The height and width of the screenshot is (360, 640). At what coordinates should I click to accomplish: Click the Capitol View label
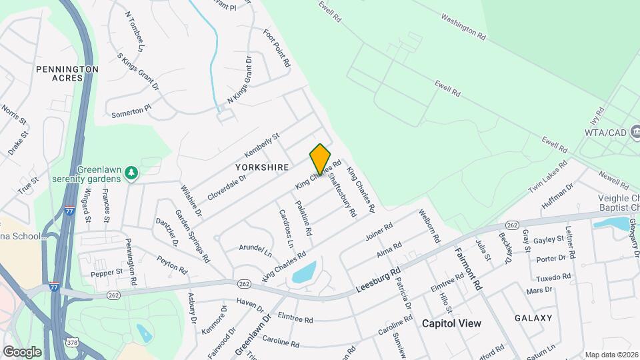(451, 323)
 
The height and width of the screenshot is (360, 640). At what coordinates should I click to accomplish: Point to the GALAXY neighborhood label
(533, 318)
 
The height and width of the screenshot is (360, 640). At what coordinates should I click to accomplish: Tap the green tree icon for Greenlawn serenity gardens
(132, 173)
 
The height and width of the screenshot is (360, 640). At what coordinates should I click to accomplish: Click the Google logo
(22, 351)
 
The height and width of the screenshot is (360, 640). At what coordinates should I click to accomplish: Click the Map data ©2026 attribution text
(611, 355)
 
